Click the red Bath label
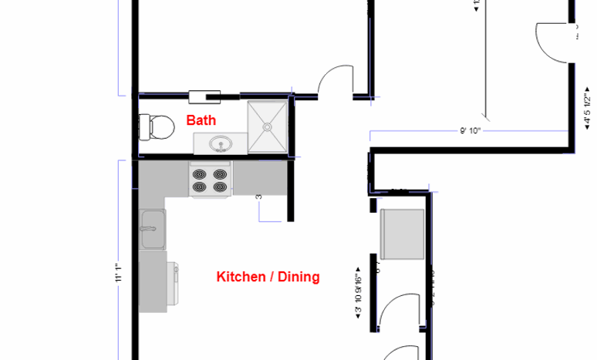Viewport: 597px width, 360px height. pyautogui.click(x=201, y=120)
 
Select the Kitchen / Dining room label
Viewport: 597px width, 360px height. pyautogui.click(x=268, y=277)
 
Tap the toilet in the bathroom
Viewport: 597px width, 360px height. pyautogui.click(x=157, y=126)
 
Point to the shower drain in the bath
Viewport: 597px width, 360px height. pyautogui.click(x=268, y=126)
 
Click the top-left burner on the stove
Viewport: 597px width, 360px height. pyautogui.click(x=201, y=174)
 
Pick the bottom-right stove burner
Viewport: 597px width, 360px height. pyautogui.click(x=221, y=187)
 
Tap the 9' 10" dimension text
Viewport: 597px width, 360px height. pyautogui.click(x=471, y=131)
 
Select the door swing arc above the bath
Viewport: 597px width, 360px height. pyautogui.click(x=336, y=80)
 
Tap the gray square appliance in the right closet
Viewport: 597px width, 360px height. pyautogui.click(x=403, y=234)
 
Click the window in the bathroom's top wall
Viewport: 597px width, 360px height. pyautogui.click(x=205, y=96)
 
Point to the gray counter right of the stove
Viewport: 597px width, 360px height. pyautogui.click(x=260, y=178)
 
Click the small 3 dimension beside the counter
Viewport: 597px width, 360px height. pyautogui.click(x=259, y=197)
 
